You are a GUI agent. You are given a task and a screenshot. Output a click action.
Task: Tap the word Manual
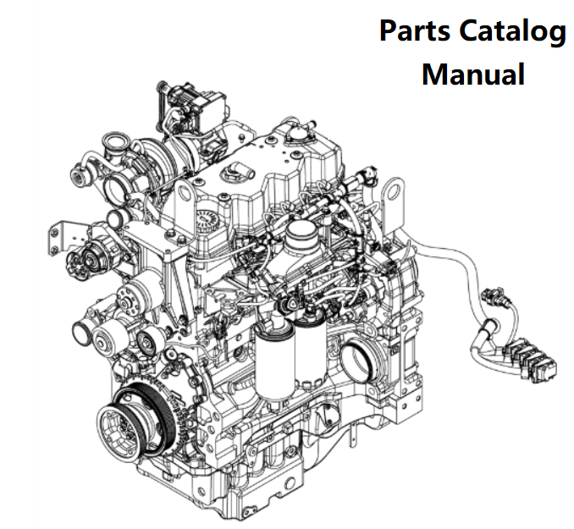472,74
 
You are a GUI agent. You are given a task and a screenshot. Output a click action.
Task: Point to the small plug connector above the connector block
489,300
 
